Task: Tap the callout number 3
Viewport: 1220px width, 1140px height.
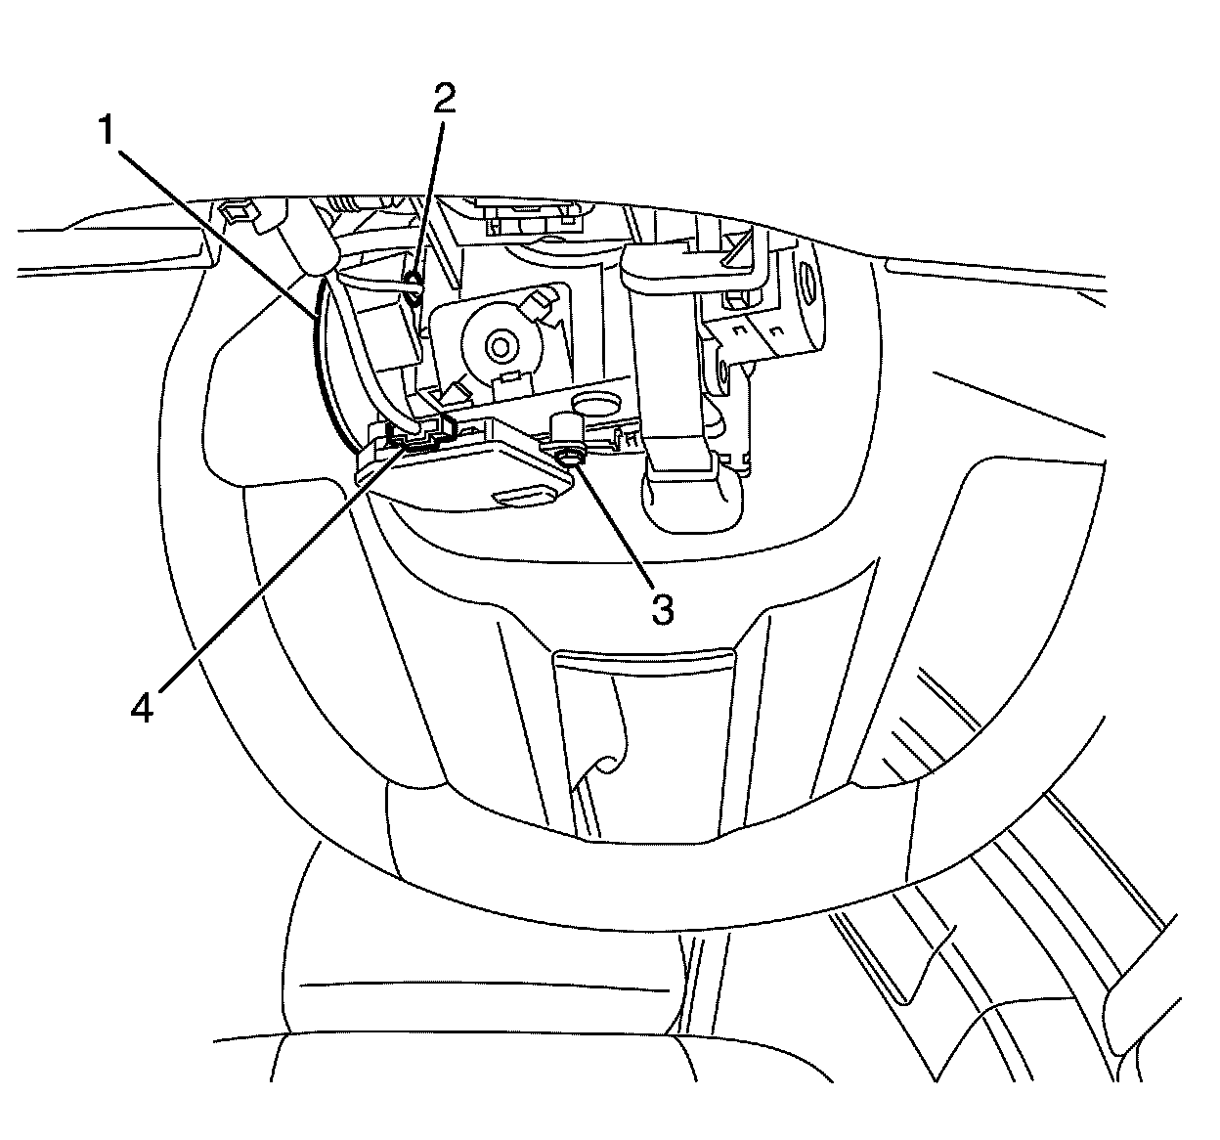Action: coord(662,609)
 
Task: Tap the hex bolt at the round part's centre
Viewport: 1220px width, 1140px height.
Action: coord(501,344)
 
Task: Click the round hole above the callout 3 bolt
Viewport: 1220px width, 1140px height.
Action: coord(597,404)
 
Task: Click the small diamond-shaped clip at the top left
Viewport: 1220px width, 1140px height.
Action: coord(236,210)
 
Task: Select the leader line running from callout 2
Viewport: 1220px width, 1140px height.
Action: coord(430,196)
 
